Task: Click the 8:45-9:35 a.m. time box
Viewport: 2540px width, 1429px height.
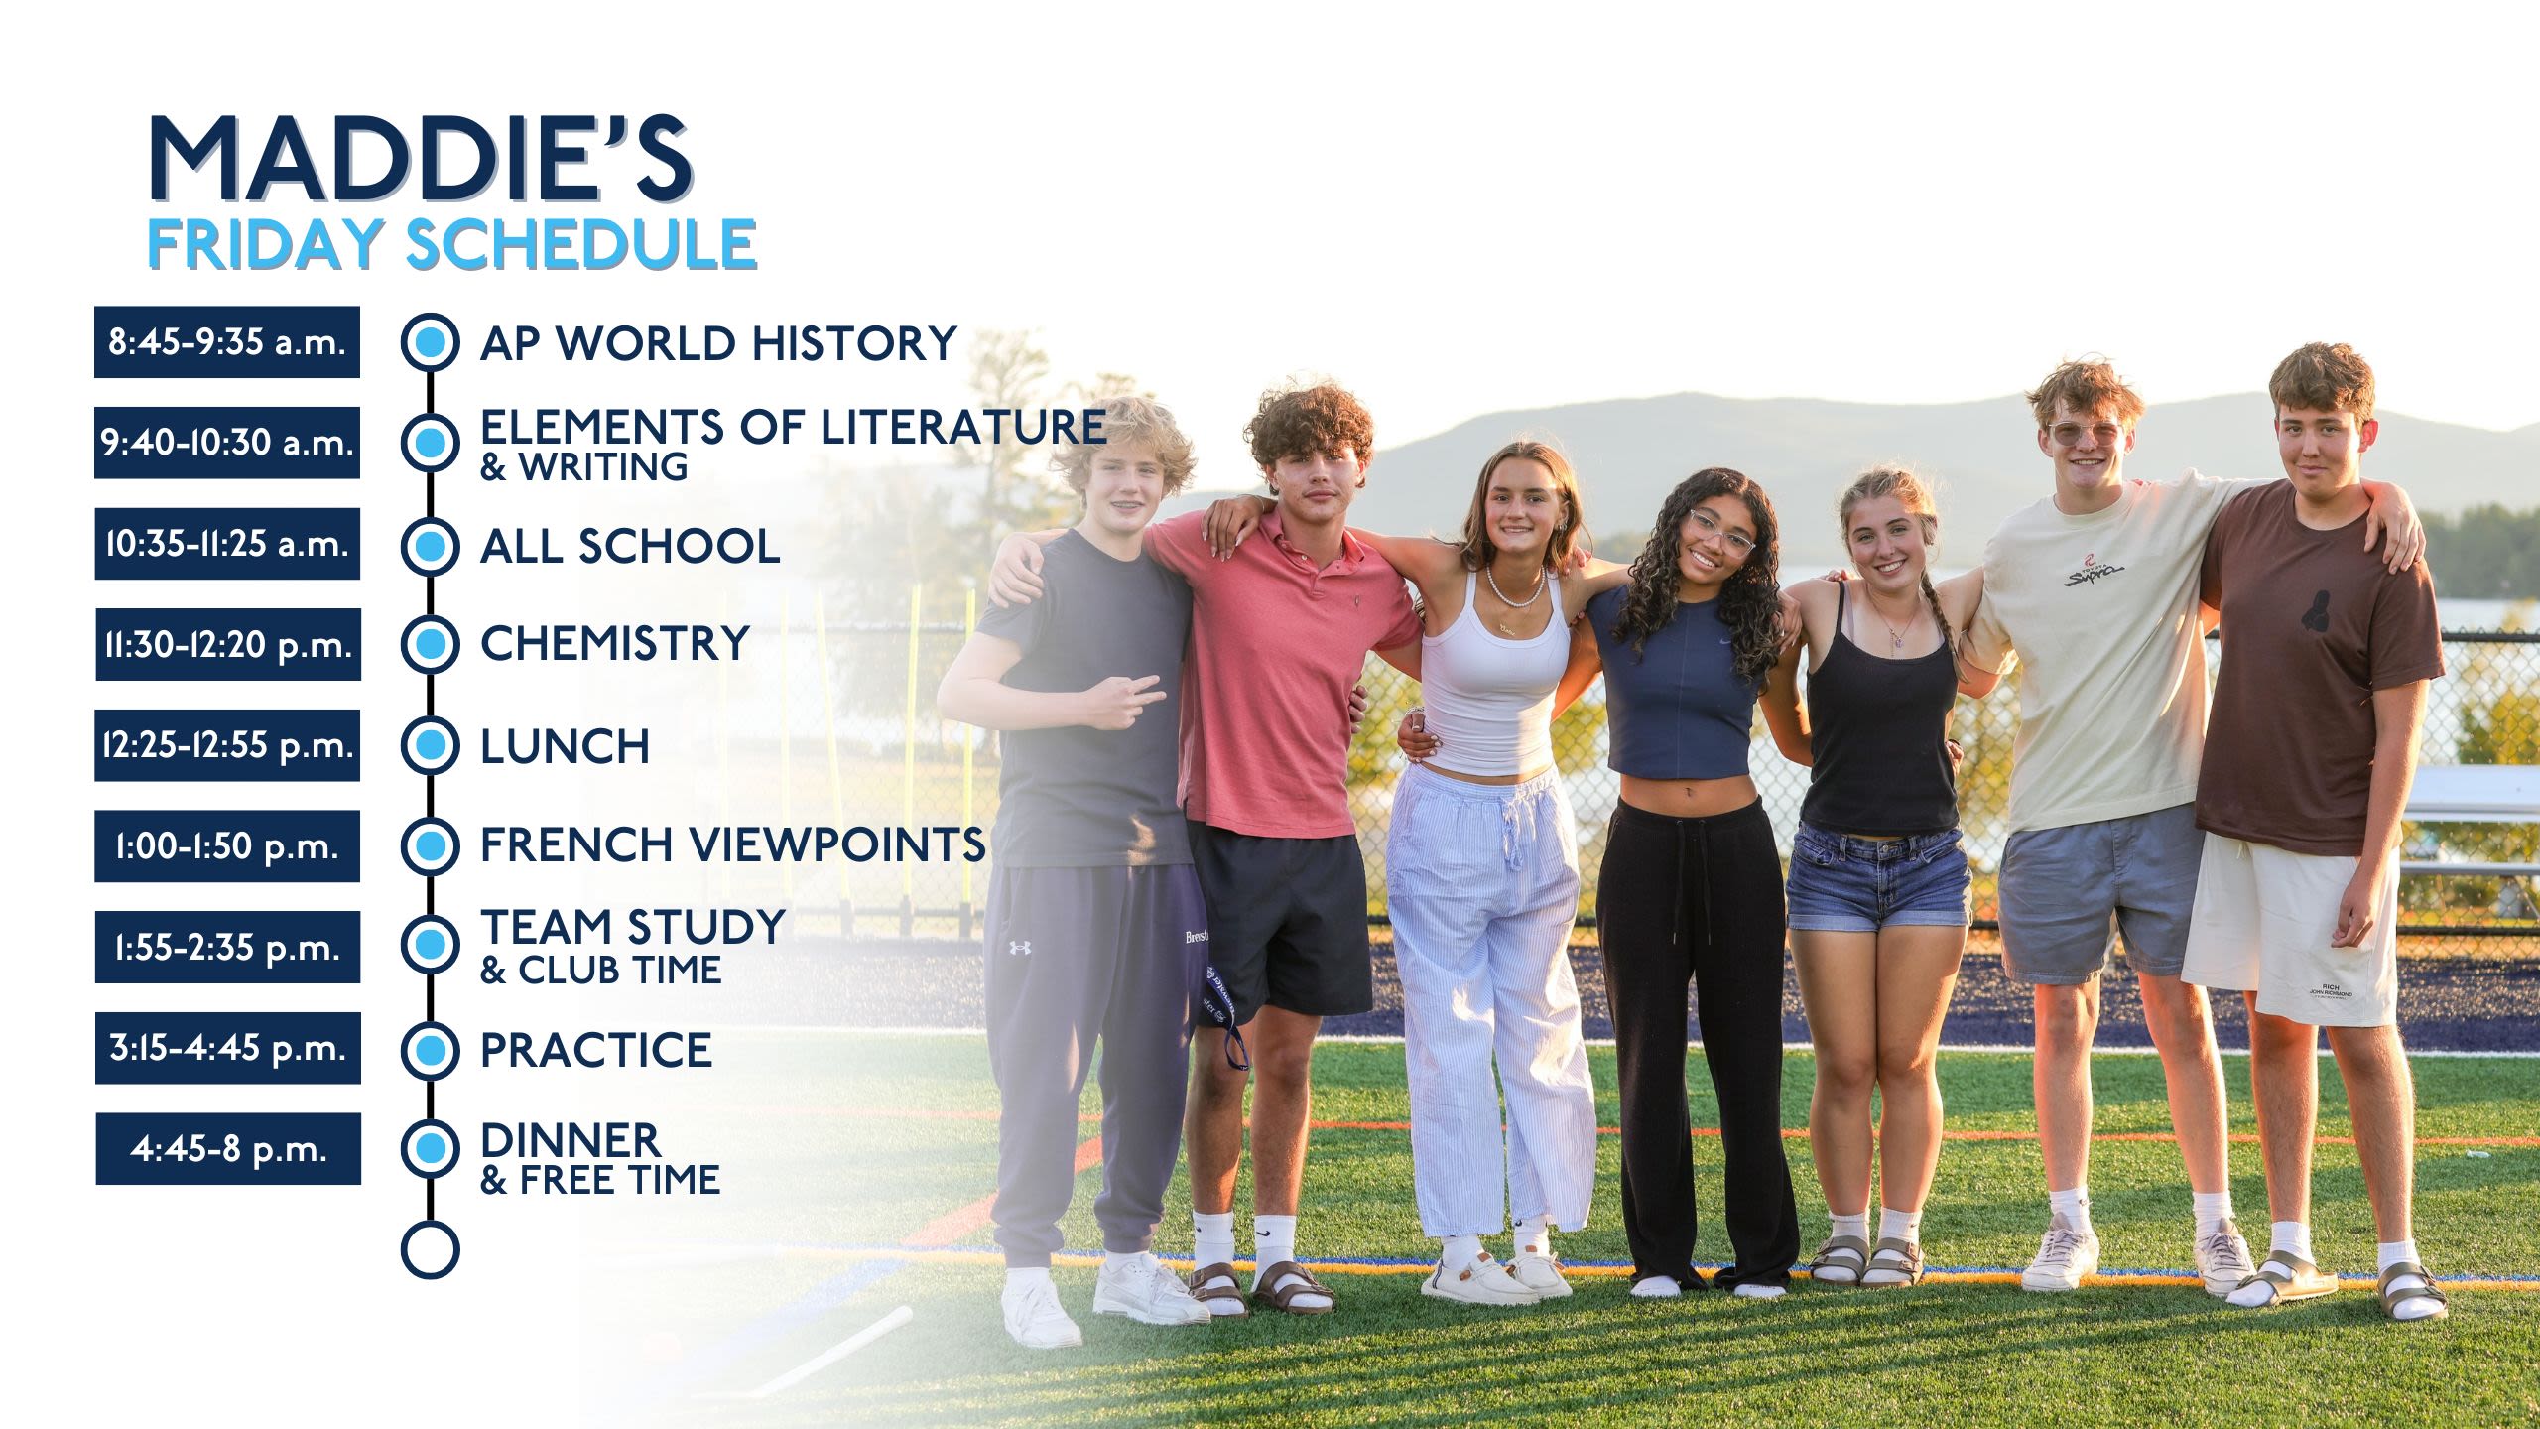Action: (x=227, y=342)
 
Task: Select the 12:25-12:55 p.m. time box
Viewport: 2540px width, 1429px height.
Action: (x=227, y=745)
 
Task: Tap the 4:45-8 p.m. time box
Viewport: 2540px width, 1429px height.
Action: (x=228, y=1149)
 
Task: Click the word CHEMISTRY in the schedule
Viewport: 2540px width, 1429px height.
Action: (x=615, y=643)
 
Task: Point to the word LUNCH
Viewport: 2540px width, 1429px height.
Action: (x=566, y=746)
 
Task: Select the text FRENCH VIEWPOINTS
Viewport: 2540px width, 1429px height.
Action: (x=733, y=844)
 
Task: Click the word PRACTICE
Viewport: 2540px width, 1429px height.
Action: (x=596, y=1050)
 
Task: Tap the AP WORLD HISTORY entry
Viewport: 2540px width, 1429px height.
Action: (x=718, y=343)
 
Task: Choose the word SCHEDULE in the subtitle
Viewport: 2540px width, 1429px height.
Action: (x=581, y=244)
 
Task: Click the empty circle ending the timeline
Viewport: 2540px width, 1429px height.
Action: (x=431, y=1249)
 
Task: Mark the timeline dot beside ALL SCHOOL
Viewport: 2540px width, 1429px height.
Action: (x=431, y=546)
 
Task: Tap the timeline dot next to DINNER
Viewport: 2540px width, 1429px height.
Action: (x=431, y=1148)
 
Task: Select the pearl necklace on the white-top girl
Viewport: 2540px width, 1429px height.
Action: (x=1514, y=588)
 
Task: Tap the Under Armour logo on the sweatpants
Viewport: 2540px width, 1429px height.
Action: (x=1020, y=947)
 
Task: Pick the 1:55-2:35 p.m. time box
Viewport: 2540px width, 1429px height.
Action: (x=227, y=948)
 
